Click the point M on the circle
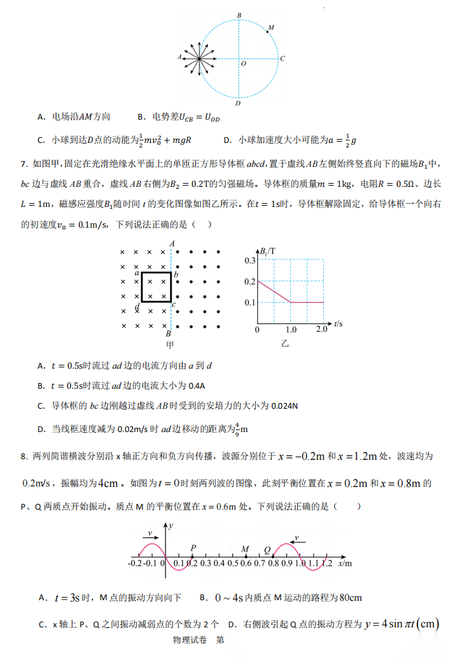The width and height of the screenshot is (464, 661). coord(268,30)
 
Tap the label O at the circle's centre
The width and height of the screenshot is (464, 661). coord(243,63)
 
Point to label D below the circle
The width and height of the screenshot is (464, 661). coord(238,103)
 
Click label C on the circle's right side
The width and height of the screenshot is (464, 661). coord(283,58)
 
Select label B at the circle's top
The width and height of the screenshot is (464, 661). coord(239,14)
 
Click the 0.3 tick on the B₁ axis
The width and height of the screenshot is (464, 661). coord(250,260)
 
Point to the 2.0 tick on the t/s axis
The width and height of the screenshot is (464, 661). coord(322,330)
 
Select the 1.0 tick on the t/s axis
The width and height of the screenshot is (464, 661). coord(291,330)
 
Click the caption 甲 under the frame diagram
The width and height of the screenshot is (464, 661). coord(171,345)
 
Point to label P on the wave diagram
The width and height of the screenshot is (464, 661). coord(193,548)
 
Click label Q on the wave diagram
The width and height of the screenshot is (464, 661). coord(267,550)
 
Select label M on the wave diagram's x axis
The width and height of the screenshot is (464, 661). coord(246,549)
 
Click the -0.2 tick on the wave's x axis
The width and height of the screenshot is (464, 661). coord(135,564)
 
